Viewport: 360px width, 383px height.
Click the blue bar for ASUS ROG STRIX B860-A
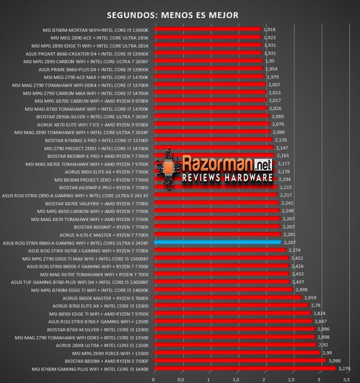(218, 242)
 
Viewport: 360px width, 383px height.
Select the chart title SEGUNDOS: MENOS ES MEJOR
(173, 15)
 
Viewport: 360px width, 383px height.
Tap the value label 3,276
(344, 368)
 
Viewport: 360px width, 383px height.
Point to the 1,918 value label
(270, 30)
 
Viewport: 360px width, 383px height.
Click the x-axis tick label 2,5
(291, 380)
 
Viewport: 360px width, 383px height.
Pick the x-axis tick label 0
(153, 380)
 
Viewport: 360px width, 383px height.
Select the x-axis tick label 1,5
(236, 380)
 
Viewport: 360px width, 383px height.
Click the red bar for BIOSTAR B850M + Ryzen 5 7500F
(240, 360)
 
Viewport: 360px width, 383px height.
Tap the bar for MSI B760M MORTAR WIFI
(207, 29)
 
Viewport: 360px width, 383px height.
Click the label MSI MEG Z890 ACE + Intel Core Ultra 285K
(99, 38)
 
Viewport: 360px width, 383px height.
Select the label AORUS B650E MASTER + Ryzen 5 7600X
(105, 298)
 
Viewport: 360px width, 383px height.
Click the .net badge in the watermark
(263, 165)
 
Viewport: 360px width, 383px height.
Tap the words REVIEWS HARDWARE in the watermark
(227, 178)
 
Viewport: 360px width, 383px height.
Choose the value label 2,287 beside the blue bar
(290, 242)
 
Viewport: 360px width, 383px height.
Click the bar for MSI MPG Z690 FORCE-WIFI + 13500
(237, 352)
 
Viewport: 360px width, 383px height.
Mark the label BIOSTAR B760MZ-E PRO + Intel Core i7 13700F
(97, 141)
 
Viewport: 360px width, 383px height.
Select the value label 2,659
(310, 297)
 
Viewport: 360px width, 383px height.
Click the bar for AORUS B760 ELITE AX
(231, 305)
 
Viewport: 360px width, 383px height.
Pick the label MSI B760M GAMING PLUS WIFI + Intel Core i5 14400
(90, 369)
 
